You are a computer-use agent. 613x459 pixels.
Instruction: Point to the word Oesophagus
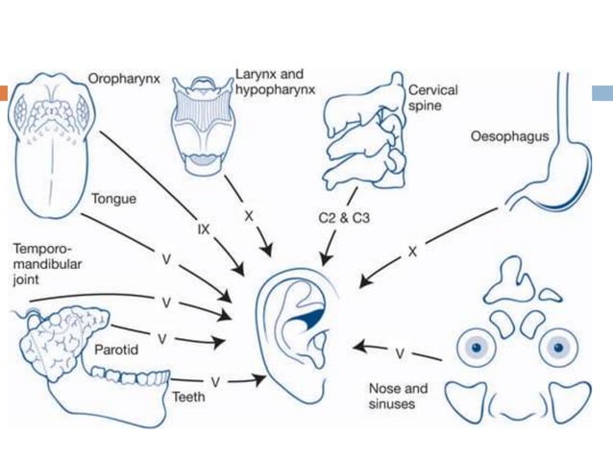point(509,136)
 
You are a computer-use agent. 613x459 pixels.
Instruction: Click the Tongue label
point(113,199)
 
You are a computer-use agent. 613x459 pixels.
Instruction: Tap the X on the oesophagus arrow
point(412,251)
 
